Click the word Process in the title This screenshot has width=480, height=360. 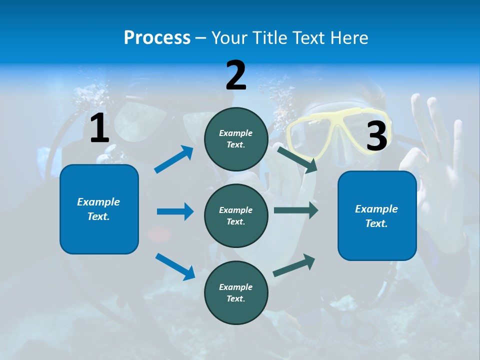click(157, 38)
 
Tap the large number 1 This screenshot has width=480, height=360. click(99, 128)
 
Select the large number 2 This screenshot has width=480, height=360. click(236, 75)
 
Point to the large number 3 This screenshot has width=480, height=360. click(377, 136)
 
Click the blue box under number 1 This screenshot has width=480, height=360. click(99, 209)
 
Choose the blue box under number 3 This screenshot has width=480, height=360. click(377, 216)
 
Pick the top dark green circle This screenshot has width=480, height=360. click(236, 139)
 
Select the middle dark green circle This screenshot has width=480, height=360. click(236, 216)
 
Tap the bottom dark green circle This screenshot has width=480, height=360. click(236, 293)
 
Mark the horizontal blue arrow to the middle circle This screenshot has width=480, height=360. click(175, 211)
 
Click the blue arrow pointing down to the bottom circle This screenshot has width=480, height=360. click(175, 266)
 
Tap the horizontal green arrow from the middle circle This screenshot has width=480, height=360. click(295, 210)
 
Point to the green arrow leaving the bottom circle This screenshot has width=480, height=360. click(294, 265)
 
